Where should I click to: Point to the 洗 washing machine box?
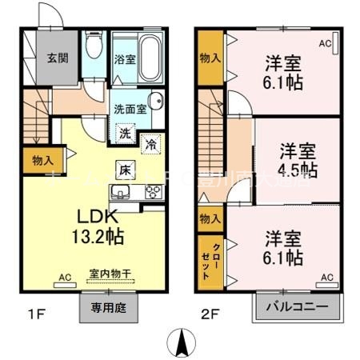(x=125, y=134)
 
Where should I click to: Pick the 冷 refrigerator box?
(x=150, y=145)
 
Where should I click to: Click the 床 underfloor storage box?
(x=125, y=169)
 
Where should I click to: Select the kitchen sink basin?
(x=123, y=192)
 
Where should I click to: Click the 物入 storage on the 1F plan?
(x=38, y=161)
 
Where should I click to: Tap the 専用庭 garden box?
(x=107, y=308)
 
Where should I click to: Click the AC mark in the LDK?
(x=63, y=278)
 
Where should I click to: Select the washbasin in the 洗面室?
(x=156, y=102)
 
